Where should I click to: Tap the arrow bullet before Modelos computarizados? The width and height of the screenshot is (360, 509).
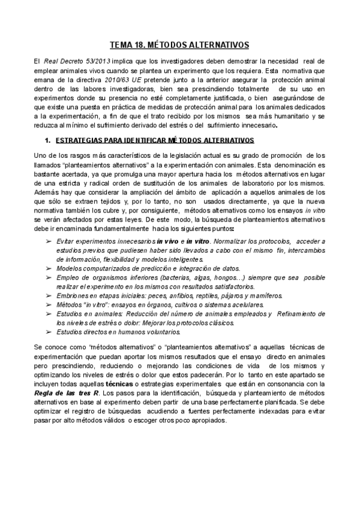tap(47, 268)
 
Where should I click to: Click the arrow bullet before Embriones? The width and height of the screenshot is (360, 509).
tap(47, 296)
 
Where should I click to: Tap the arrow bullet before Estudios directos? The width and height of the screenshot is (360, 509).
tap(47, 331)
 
